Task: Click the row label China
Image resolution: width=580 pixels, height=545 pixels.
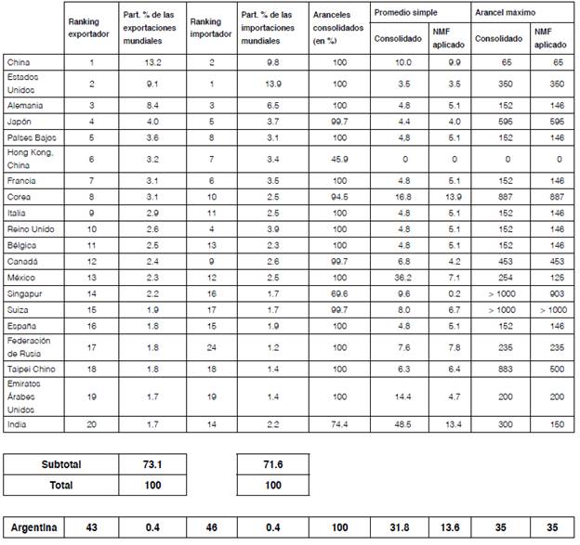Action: point(18,61)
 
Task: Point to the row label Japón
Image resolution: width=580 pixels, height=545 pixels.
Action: point(20,122)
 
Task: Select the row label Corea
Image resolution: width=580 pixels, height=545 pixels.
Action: point(20,197)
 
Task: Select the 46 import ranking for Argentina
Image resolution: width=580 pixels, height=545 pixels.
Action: point(211,527)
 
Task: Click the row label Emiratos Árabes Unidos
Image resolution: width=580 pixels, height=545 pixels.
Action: point(25,396)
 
